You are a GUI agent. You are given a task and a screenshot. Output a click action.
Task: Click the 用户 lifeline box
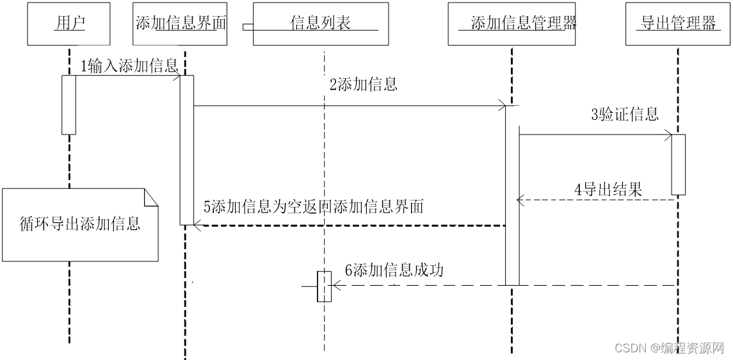click(68, 24)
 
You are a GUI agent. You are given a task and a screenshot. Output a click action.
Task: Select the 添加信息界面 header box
click(180, 24)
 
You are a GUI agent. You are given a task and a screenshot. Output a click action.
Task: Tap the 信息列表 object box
click(321, 24)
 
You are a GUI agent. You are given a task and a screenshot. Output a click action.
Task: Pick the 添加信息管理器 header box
click(511, 24)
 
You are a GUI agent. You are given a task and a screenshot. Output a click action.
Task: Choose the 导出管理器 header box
click(678, 24)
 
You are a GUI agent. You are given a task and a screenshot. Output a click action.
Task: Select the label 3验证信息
click(624, 115)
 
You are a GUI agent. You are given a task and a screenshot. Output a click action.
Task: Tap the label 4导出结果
click(608, 189)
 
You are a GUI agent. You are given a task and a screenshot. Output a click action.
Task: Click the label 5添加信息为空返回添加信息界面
click(314, 207)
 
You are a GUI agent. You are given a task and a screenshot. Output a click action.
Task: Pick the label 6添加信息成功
click(394, 270)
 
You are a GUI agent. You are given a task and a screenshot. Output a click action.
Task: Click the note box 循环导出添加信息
click(80, 224)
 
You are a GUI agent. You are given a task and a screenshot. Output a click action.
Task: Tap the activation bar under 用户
click(68, 104)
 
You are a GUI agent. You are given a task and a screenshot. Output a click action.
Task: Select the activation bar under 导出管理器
click(679, 164)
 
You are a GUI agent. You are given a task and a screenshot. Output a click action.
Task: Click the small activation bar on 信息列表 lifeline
click(325, 286)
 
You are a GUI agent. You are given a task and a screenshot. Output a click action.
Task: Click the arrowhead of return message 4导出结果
click(520, 200)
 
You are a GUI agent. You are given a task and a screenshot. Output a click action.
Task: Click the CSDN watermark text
click(668, 348)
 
